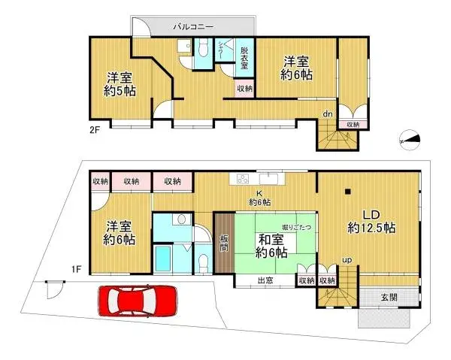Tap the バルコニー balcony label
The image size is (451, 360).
(194, 27)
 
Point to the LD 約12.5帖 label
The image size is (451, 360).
(372, 219)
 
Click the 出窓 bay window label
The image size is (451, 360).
(265, 281)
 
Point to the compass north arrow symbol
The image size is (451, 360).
(410, 138)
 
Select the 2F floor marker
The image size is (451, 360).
(95, 129)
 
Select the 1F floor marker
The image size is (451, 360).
(76, 268)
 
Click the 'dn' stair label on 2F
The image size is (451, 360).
(328, 113)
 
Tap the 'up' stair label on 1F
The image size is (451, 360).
(346, 259)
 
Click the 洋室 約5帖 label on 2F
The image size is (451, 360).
(120, 83)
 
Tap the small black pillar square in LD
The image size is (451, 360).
(347, 192)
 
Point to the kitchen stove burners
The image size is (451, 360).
(243, 179)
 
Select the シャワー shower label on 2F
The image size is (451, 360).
(222, 53)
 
